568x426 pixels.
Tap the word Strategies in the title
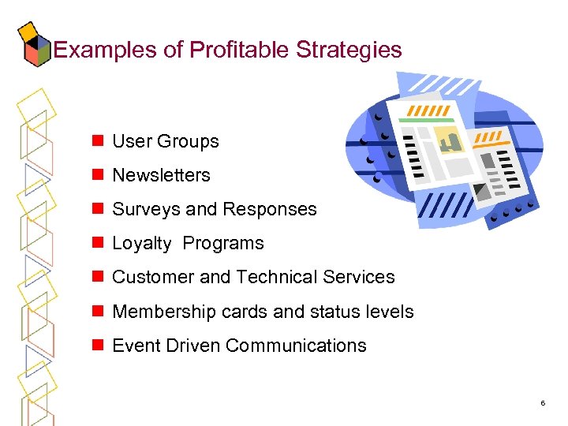(349, 50)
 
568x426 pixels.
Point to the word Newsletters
(161, 175)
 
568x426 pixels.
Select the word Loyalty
(141, 244)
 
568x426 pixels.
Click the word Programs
(223, 243)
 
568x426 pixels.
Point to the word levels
(387, 312)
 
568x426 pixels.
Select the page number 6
(543, 403)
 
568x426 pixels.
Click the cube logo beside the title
(33, 45)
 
